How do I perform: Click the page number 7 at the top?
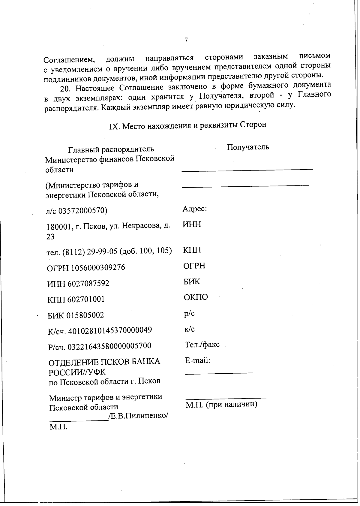tap(186, 40)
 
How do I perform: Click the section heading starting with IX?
tap(187, 125)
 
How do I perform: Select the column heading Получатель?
tap(248, 147)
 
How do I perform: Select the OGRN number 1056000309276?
tap(98, 267)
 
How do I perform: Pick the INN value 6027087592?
tap(88, 283)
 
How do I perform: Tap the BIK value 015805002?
tap(85, 315)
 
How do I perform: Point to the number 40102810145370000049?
tap(110, 330)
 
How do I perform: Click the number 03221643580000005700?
tap(109, 346)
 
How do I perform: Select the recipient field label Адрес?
tap(195, 209)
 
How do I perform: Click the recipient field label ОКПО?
tap(196, 297)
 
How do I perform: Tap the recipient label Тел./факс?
tap(202, 345)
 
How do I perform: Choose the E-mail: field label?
tap(198, 360)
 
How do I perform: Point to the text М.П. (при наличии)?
tap(221, 404)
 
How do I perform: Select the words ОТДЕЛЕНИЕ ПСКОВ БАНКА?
tap(104, 362)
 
